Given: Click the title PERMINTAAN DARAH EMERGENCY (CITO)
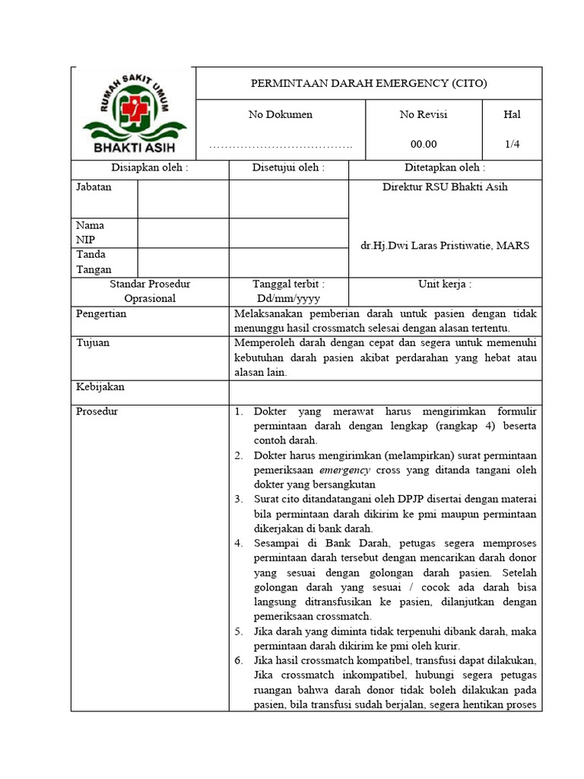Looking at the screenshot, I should (x=369, y=83).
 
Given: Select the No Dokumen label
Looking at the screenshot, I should (x=281, y=115).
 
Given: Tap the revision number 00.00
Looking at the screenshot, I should (x=424, y=144).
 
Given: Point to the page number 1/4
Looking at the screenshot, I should (x=512, y=144).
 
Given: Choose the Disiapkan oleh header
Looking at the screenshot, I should (x=150, y=168).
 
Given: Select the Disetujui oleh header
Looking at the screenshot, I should (x=288, y=168).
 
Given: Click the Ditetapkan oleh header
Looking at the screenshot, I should (x=445, y=168).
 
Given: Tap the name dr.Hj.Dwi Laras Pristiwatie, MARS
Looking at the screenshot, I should (x=445, y=245).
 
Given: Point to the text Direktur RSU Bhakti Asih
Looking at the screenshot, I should (x=445, y=187).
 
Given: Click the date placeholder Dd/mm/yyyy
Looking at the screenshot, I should (x=288, y=298).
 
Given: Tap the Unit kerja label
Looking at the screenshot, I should (x=445, y=284).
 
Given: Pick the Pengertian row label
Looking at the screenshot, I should (x=102, y=313).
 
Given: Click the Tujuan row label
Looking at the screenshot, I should (x=93, y=342).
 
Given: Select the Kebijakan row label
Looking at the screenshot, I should (x=100, y=386).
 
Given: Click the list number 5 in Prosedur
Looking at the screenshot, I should (x=238, y=631).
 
